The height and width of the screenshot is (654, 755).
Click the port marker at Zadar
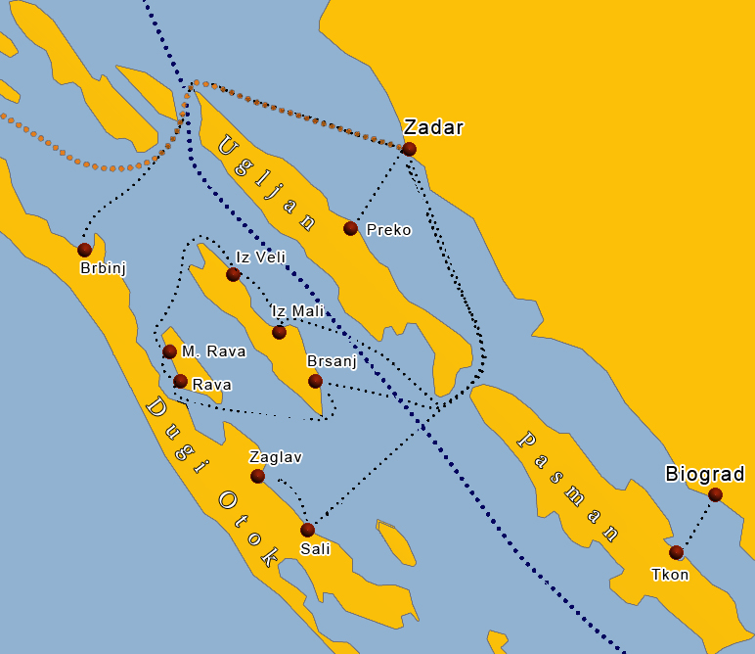coord(409,149)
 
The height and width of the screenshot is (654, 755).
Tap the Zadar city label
coord(433,127)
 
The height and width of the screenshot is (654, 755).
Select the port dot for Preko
coord(350,228)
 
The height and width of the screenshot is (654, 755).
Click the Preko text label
coord(388,231)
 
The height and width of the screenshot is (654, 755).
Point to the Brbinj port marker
coord(84,250)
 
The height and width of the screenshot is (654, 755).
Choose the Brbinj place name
coord(104,268)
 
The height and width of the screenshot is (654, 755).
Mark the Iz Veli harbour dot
coord(233,274)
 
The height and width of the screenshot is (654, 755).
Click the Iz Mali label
coord(298,311)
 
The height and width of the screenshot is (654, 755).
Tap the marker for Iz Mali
coord(279,332)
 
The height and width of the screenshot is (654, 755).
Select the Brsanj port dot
coord(315,381)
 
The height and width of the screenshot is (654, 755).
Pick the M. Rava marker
coord(169,351)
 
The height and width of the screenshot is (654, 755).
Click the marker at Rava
coord(180,381)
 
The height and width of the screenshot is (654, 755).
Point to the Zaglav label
coord(276,457)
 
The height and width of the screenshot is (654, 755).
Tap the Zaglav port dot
coord(257,476)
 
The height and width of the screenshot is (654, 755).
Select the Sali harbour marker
coord(307,530)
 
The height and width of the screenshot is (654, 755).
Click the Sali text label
coord(315,549)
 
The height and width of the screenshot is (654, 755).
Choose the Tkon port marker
coord(676,552)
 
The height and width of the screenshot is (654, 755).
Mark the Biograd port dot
coord(715,494)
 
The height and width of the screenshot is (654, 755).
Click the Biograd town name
coord(705,475)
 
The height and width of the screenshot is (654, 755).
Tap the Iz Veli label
coord(260,257)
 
